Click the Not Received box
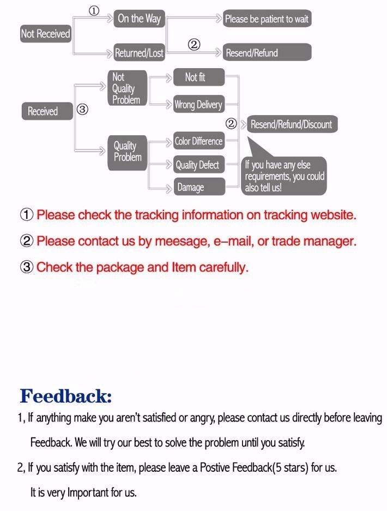pos(45,34)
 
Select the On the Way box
pos(139,19)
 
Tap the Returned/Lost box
pos(138,53)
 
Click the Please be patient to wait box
pos(267,19)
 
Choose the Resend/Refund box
pos(267,53)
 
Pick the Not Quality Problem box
pos(126,88)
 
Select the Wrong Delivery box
pos(198,105)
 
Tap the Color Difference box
pos(198,141)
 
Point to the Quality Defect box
pos(197,165)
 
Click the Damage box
pos(197,187)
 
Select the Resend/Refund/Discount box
pos(291,124)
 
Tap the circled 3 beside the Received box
pos(82,110)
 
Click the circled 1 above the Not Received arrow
pos(94,11)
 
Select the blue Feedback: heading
pos(65,395)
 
